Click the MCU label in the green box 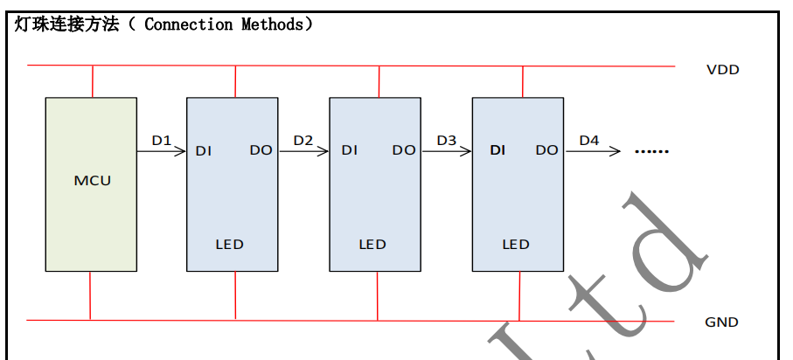(x=92, y=181)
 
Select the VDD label (x=722, y=70)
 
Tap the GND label (x=721, y=322)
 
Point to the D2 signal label (x=303, y=140)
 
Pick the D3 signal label (x=446, y=140)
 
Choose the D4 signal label (x=589, y=140)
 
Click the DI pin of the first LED (x=204, y=150)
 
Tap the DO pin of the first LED (x=261, y=150)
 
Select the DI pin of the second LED (x=350, y=150)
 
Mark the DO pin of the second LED (x=404, y=150)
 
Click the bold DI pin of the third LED (x=497, y=150)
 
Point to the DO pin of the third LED (x=546, y=150)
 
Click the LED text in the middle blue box (x=372, y=244)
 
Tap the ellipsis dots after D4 (x=651, y=151)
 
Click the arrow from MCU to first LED (x=161, y=151)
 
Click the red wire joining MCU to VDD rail (x=92, y=81)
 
